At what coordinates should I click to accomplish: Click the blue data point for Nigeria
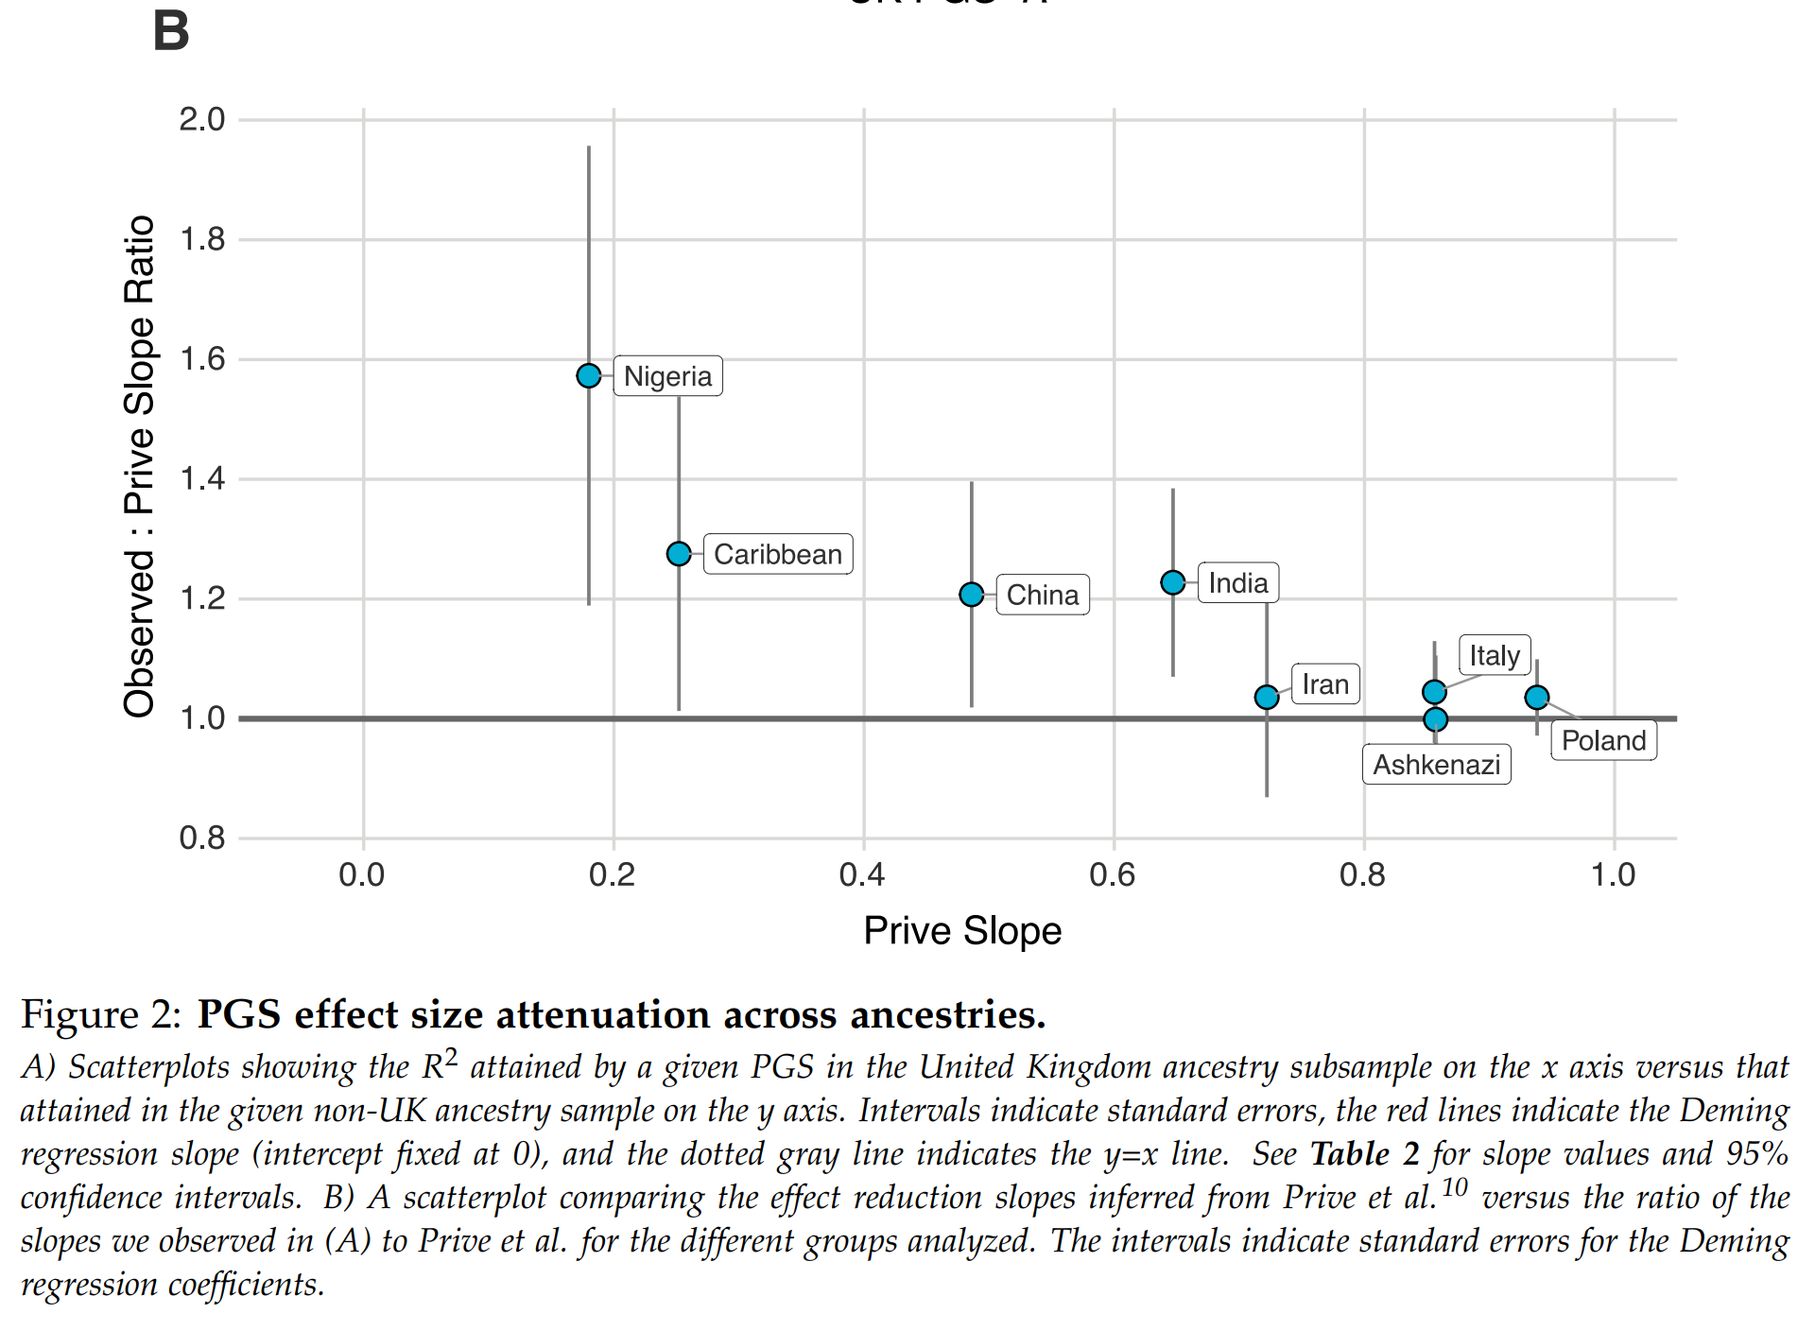(x=588, y=376)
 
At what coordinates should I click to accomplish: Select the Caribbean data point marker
(x=679, y=554)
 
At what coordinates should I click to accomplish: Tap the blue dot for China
(x=971, y=595)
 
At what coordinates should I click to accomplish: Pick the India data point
(x=1173, y=582)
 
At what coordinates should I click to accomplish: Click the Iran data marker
(x=1267, y=698)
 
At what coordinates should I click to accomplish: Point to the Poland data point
(x=1537, y=698)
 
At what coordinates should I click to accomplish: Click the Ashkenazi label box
(x=1436, y=765)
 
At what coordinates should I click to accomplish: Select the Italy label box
(x=1495, y=655)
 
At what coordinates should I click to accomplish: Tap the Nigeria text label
(x=667, y=376)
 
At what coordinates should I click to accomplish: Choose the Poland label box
(x=1603, y=740)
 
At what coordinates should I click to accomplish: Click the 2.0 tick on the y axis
(x=202, y=120)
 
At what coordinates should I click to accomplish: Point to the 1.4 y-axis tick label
(x=202, y=479)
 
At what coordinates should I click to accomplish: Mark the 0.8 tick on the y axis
(x=202, y=838)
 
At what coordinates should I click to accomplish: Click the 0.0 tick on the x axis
(x=362, y=875)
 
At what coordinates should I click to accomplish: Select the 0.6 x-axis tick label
(x=1113, y=875)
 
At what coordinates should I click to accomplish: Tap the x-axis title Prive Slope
(x=962, y=931)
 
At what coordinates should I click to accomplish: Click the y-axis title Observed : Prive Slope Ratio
(x=139, y=466)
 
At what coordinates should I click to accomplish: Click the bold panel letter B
(x=171, y=31)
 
